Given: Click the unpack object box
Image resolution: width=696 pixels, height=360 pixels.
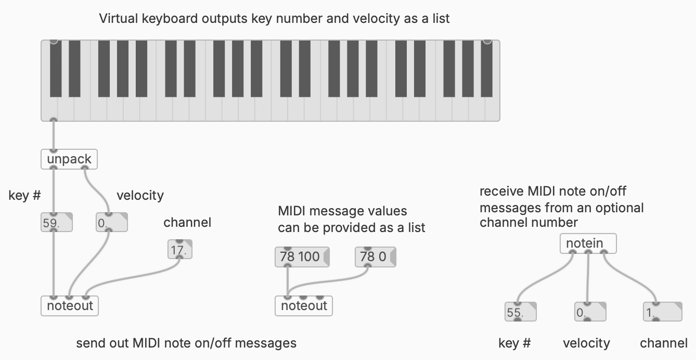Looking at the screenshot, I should [x=69, y=159].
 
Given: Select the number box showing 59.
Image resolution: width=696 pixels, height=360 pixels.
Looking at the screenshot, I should [x=56, y=223].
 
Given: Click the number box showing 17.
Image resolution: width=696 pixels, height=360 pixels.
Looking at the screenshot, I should [x=180, y=250].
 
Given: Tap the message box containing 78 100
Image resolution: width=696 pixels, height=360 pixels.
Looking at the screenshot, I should [x=301, y=257].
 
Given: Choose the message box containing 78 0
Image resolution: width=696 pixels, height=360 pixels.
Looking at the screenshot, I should [x=375, y=257].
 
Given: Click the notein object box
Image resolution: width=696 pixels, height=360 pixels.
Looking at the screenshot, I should [x=588, y=243].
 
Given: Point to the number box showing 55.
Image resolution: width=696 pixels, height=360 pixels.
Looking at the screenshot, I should [x=520, y=313].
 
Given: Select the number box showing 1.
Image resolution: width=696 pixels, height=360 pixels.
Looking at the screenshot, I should [x=662, y=313].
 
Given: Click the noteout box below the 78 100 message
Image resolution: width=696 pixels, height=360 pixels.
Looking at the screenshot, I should [x=303, y=306].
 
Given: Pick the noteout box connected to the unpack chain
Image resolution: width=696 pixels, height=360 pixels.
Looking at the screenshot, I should [x=69, y=306].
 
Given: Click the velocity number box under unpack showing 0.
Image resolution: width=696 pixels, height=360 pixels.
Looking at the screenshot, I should [x=111, y=223].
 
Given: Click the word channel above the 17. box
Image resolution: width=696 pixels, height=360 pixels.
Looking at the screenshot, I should [x=187, y=223].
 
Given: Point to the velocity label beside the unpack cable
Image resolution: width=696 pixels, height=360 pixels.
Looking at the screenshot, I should [x=140, y=196].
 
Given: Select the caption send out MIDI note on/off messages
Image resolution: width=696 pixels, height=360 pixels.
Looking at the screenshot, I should [x=186, y=343].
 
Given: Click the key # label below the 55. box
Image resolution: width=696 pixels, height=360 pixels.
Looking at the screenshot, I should [x=514, y=343].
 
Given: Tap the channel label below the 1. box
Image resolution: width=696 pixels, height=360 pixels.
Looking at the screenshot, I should [x=663, y=343].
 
